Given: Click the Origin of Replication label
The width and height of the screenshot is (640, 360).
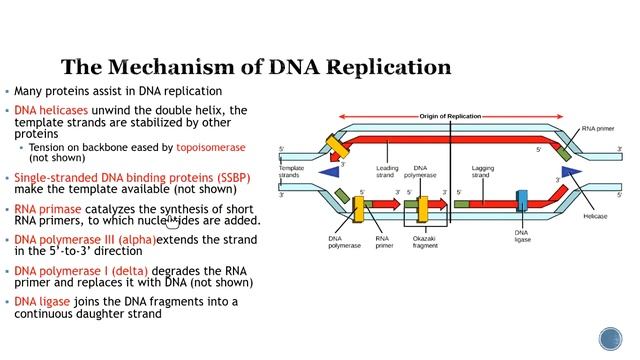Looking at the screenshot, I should click(450, 116).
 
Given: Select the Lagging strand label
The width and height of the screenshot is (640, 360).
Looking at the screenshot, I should click(483, 172).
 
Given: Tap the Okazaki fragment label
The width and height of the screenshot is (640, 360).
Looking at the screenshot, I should click(426, 243).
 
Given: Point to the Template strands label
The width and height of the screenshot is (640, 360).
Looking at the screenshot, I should click(291, 172).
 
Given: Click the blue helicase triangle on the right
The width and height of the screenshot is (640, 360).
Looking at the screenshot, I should click(571, 173).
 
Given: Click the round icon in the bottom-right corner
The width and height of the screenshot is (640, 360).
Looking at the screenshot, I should click(610, 338).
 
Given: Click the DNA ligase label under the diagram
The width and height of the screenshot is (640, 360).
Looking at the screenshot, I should click(523, 237).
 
